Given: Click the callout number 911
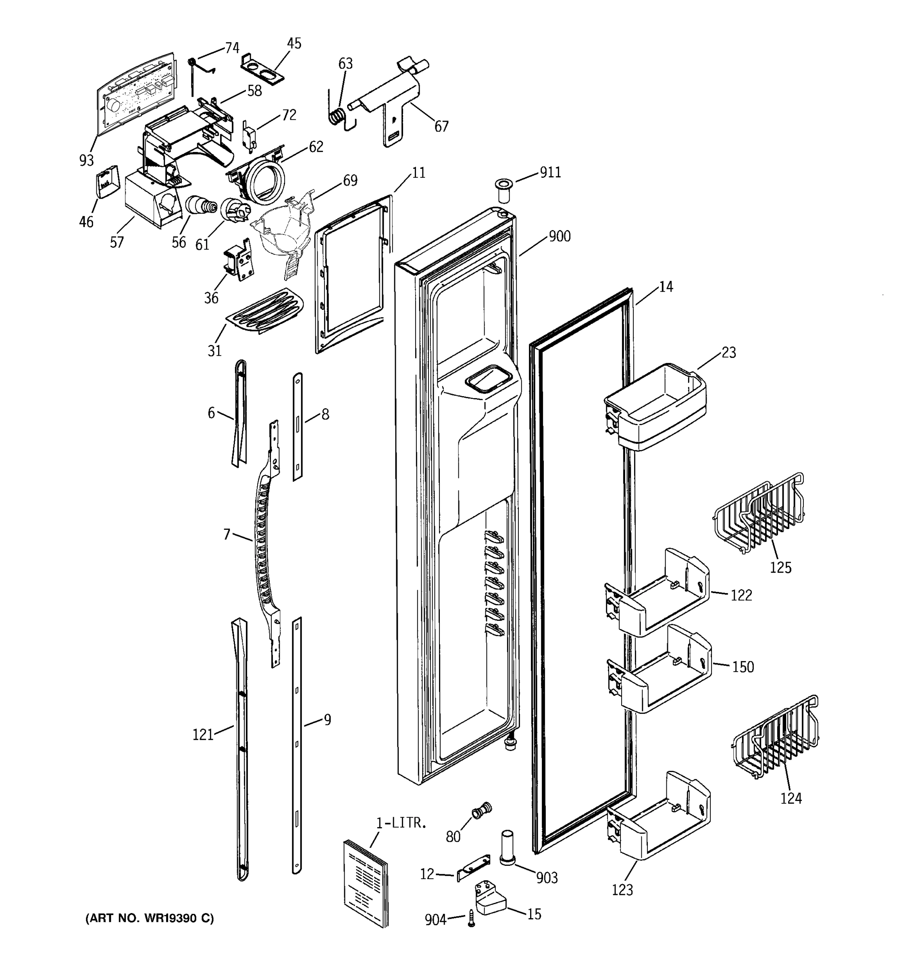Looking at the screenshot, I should pyautogui.click(x=550, y=173).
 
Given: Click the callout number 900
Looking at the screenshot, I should pyautogui.click(x=560, y=237).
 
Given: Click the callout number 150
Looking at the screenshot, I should pyautogui.click(x=743, y=667).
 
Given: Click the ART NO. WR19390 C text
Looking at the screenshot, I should pyautogui.click(x=150, y=918).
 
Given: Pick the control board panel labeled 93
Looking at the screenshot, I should pyautogui.click(x=135, y=92).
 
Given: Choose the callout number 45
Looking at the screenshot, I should pyautogui.click(x=294, y=44).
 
